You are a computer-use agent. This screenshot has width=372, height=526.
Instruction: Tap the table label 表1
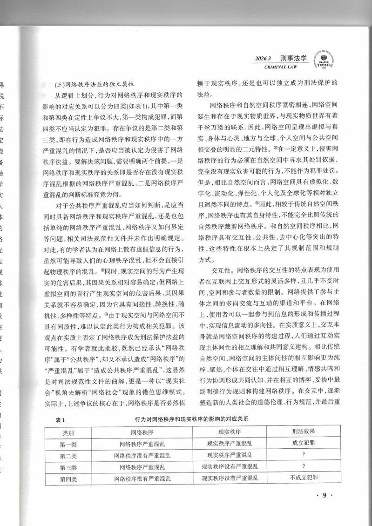coord(59,419)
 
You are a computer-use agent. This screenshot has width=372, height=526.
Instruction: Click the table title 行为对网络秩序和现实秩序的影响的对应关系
coord(188,419)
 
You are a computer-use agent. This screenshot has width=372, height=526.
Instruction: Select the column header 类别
coord(71,432)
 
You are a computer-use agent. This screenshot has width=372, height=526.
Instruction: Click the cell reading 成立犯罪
coord(304,443)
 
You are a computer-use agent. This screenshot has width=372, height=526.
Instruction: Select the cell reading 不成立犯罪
coord(304,477)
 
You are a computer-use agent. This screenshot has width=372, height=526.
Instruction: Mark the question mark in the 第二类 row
coord(304,455)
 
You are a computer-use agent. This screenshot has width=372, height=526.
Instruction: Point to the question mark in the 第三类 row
coord(304,466)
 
